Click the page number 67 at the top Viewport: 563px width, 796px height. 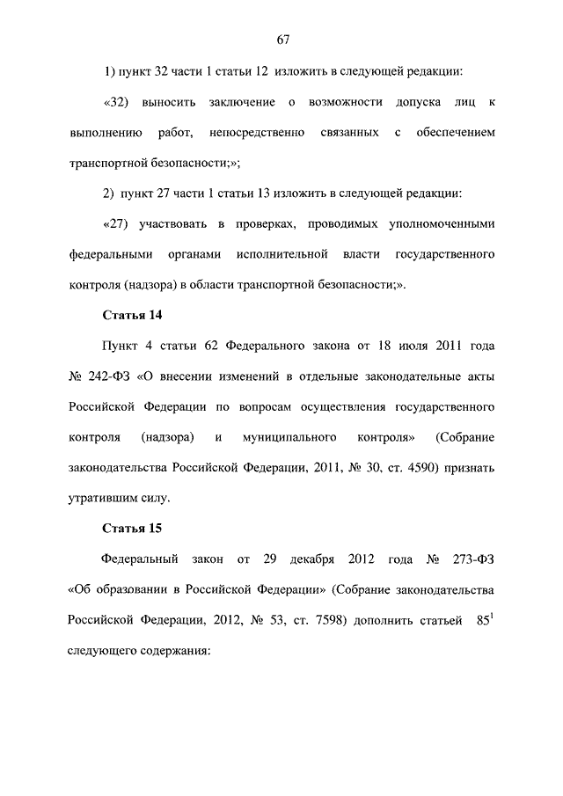click(x=281, y=40)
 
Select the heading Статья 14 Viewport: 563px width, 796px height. click(x=131, y=315)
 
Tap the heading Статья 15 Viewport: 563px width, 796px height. click(x=131, y=528)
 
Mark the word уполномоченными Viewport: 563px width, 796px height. click(x=435, y=223)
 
